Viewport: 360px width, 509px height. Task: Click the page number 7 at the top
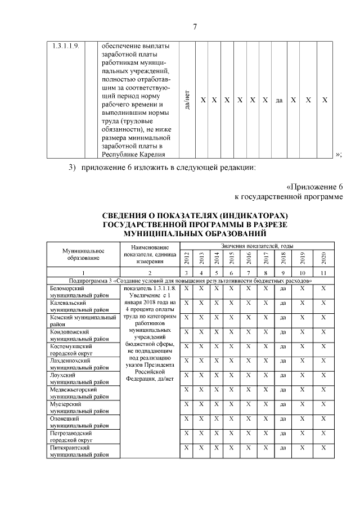click(194, 26)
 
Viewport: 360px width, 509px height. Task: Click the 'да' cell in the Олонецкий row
click(283, 419)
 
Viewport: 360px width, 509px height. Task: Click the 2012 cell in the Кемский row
click(187, 317)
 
